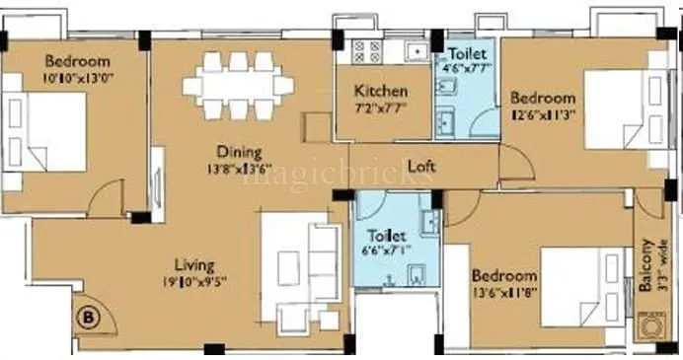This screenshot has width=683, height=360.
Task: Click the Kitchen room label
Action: (x=381, y=92)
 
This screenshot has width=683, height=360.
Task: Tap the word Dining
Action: (x=240, y=152)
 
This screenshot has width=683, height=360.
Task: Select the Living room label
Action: (x=194, y=263)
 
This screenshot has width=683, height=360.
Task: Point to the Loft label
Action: (x=421, y=166)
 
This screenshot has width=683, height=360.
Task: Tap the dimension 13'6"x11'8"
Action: (x=503, y=291)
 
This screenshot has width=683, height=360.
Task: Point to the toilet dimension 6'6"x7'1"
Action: (x=386, y=251)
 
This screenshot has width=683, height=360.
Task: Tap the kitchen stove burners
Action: (x=352, y=49)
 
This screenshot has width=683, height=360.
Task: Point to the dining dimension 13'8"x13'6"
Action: (x=239, y=167)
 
